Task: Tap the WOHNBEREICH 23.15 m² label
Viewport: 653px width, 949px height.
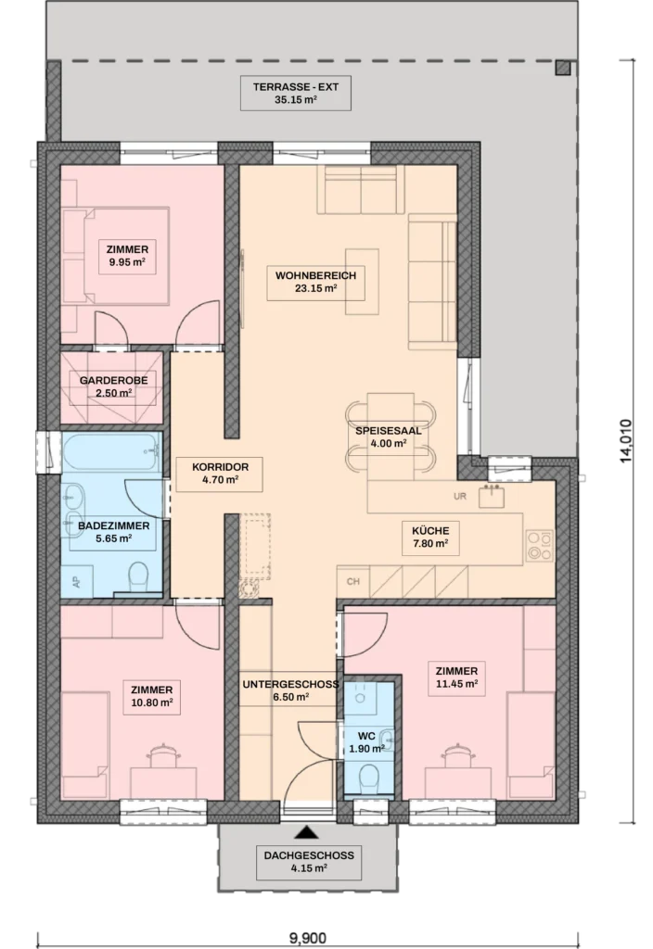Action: pyautogui.click(x=315, y=282)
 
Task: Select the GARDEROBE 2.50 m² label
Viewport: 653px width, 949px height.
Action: pyautogui.click(x=113, y=386)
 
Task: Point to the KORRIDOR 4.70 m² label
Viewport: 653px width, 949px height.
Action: pyautogui.click(x=220, y=474)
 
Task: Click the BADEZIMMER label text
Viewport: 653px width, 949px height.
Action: pyautogui.click(x=113, y=525)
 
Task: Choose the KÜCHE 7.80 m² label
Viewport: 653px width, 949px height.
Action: pyautogui.click(x=430, y=537)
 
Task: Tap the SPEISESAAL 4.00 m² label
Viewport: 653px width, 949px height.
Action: pyautogui.click(x=389, y=437)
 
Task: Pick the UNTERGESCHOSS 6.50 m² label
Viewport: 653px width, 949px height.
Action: pyautogui.click(x=290, y=690)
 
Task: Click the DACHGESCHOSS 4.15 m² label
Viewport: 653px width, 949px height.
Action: pyautogui.click(x=309, y=862)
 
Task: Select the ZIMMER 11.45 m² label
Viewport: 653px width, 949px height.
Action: pyautogui.click(x=456, y=677)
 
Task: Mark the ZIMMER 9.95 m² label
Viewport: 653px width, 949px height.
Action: pyautogui.click(x=127, y=256)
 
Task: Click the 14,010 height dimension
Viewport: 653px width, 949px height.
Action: pyautogui.click(x=626, y=441)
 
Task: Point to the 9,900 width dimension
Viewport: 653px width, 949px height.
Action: pyautogui.click(x=308, y=938)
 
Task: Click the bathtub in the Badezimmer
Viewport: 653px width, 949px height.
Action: pyautogui.click(x=111, y=451)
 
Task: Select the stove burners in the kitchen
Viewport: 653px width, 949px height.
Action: pyautogui.click(x=539, y=545)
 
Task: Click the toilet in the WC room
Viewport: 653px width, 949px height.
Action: pyautogui.click(x=367, y=778)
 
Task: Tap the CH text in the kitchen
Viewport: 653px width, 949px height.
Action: pyautogui.click(x=353, y=582)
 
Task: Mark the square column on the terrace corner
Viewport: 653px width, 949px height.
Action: pyautogui.click(x=563, y=67)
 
